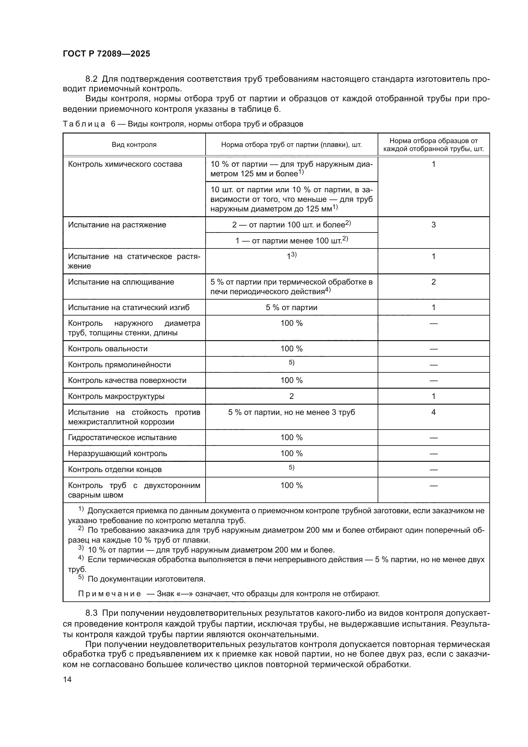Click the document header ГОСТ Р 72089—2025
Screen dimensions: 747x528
(106, 54)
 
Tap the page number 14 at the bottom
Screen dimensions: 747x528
(67, 679)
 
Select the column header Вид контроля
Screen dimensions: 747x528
(134, 145)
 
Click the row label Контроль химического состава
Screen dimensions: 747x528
(125, 164)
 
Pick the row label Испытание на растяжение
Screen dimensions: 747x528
(117, 225)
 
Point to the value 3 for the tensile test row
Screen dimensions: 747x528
(433, 225)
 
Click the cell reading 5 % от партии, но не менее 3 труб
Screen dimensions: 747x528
(291, 412)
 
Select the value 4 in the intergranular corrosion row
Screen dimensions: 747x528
(433, 412)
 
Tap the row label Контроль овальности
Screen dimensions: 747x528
(108, 349)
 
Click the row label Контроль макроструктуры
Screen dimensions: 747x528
(116, 396)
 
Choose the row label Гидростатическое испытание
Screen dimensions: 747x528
(122, 438)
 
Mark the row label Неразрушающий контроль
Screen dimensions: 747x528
(117, 454)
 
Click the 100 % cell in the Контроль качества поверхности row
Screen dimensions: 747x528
(291, 380)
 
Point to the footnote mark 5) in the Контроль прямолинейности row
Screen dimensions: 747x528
(291, 363)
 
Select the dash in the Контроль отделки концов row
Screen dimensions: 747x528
(433, 469)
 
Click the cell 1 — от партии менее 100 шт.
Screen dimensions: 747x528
(291, 241)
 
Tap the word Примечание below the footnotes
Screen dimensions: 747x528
(109, 594)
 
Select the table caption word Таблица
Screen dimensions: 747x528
(84, 124)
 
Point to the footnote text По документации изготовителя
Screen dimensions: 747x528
(146, 579)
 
